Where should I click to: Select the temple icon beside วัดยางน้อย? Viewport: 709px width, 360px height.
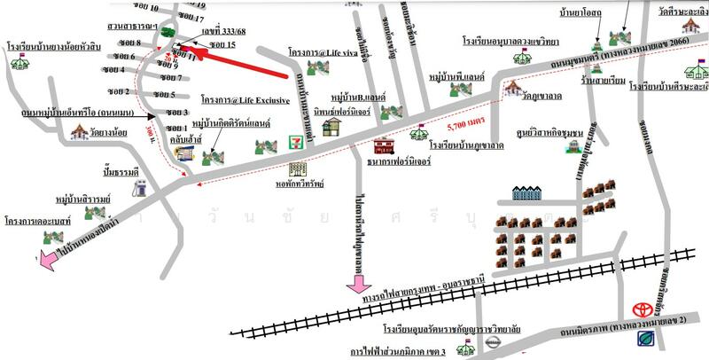[82, 133]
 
